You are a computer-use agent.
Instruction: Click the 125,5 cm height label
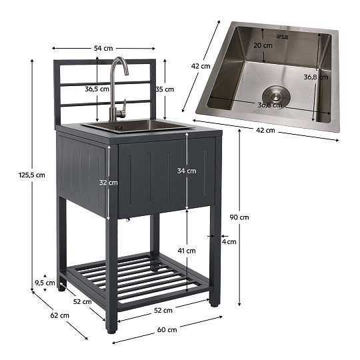[32, 175]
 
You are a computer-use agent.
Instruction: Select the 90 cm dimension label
[239, 217]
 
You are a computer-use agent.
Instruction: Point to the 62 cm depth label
[60, 315]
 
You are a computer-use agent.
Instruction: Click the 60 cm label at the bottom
[167, 330]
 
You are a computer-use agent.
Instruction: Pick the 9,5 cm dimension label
[45, 283]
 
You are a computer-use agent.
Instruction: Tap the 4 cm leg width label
[229, 242]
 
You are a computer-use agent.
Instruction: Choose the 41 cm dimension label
[187, 251]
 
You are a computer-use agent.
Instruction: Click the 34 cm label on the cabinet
[187, 171]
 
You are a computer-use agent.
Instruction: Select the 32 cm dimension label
[109, 183]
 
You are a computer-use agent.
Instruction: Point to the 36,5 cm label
[97, 89]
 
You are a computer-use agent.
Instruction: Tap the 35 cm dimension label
[165, 89]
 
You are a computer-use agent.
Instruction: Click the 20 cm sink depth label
[263, 46]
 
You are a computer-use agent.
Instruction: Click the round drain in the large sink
[276, 97]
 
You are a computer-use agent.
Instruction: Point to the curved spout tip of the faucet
[127, 73]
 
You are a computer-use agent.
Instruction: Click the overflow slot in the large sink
[282, 37]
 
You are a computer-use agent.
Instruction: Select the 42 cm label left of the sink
[201, 67]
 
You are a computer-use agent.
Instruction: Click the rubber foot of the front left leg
[112, 332]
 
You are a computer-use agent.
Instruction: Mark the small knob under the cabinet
[127, 220]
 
